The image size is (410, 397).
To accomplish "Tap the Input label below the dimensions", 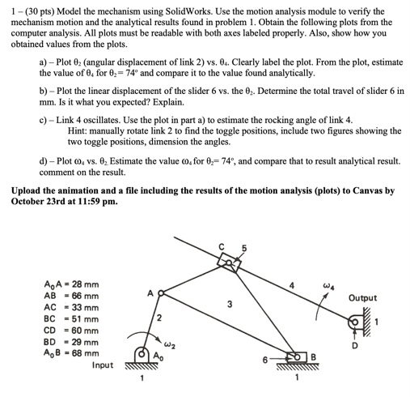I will pyautogui.click(x=103, y=365).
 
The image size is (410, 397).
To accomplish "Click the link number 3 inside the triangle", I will pyautogui.click(x=230, y=305).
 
